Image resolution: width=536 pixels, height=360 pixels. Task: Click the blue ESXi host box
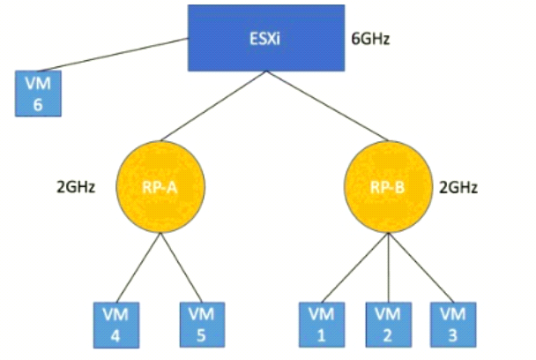point(264,38)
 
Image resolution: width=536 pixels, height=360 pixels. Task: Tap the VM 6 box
point(36,95)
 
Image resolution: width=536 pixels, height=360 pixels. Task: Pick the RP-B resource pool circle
point(384,186)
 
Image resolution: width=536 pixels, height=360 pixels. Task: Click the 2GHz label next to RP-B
point(459,187)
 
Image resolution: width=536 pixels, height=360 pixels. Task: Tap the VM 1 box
point(320,323)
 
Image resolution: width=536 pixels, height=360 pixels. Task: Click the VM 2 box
point(385,323)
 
